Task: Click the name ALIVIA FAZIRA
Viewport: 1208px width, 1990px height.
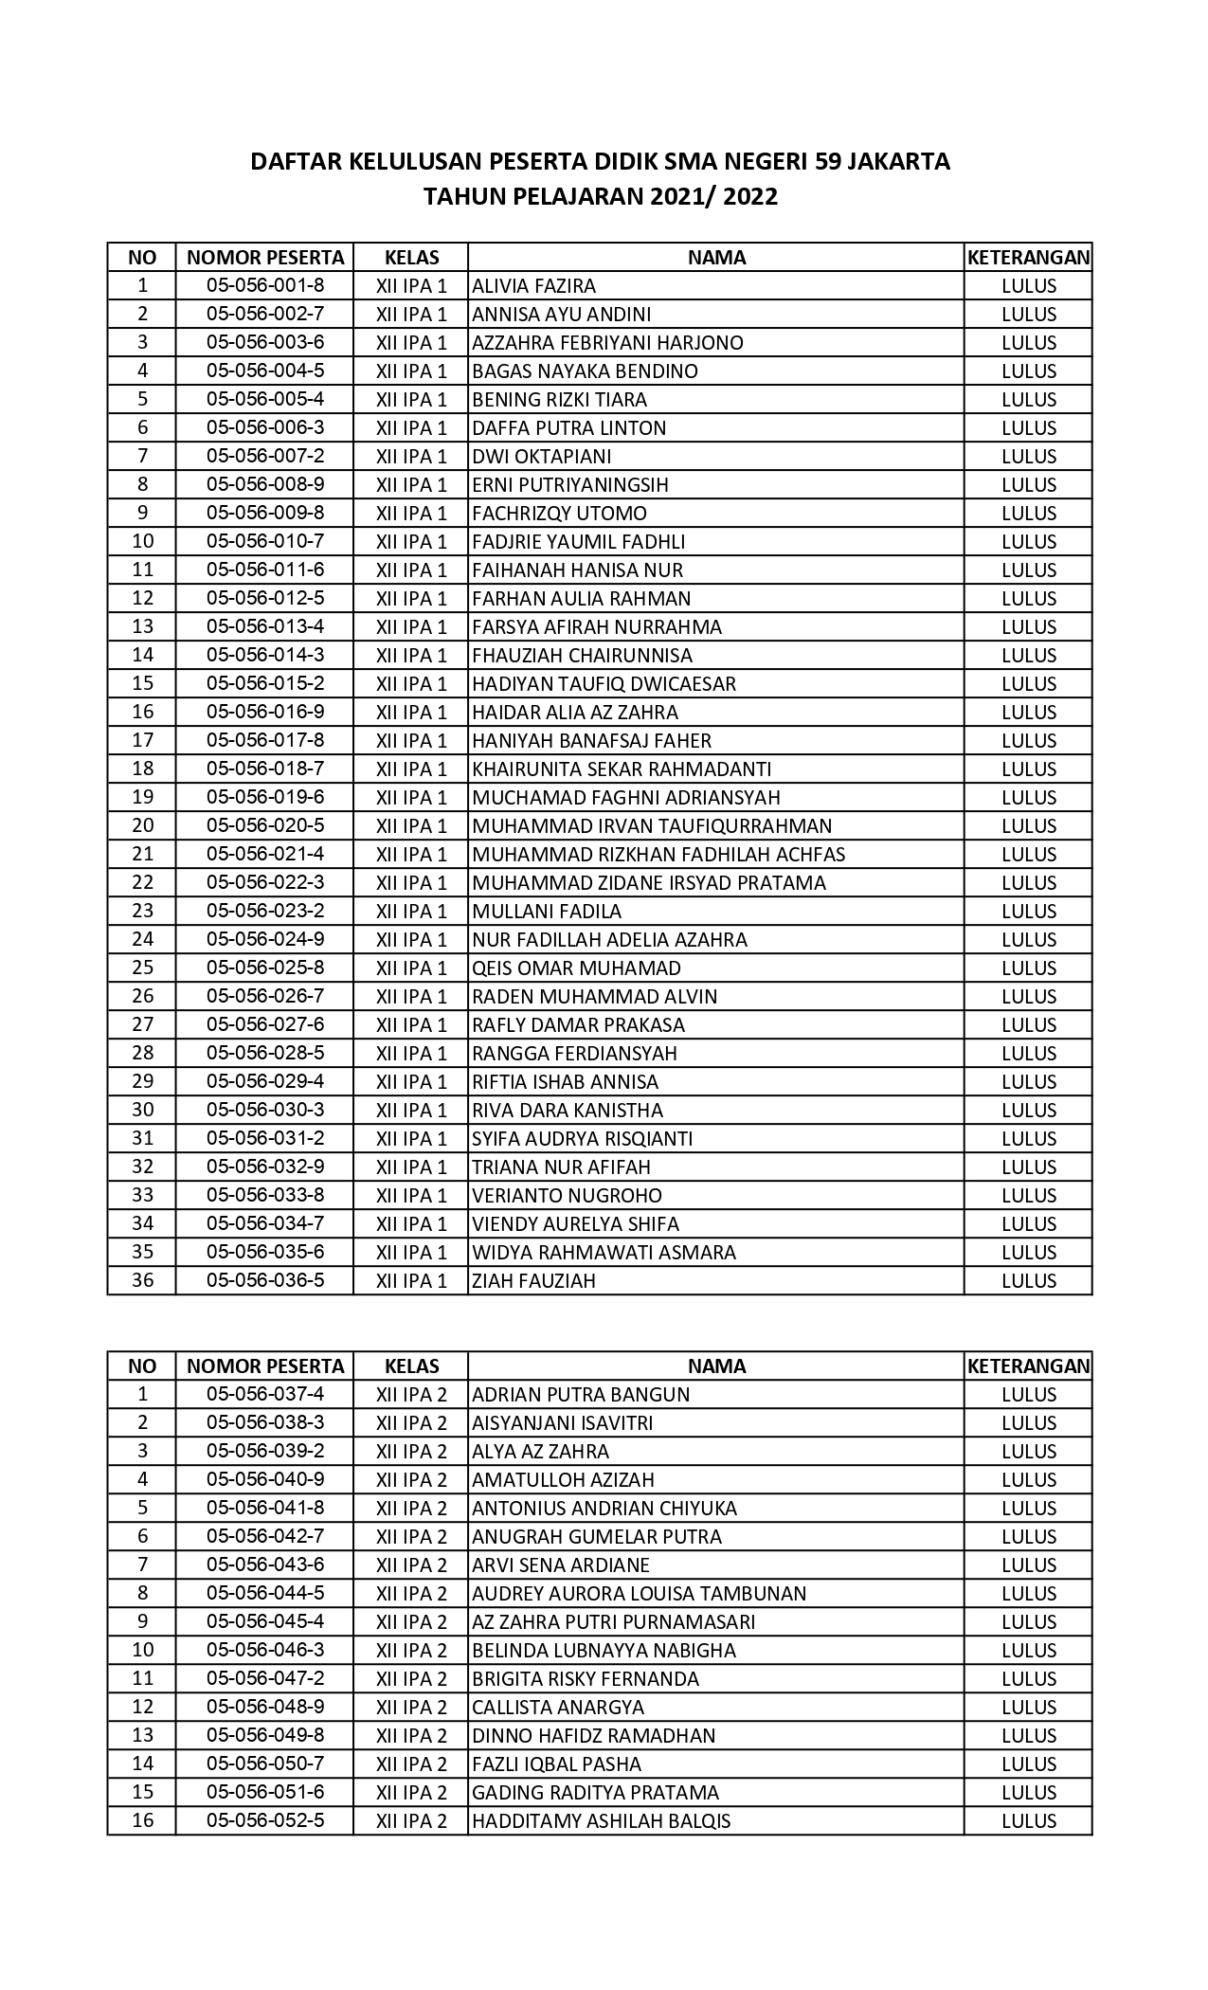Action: coord(533,286)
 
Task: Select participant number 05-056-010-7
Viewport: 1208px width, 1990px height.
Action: coord(265,542)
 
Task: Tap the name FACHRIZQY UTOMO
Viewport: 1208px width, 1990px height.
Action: coord(559,514)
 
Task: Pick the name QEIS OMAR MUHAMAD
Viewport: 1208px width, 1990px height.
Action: coord(576,968)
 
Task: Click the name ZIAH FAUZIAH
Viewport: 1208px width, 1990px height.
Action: coord(533,1281)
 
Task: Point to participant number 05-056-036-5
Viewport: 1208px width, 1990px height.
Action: coord(265,1281)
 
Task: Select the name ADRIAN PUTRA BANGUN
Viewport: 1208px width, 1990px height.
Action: coord(581,1395)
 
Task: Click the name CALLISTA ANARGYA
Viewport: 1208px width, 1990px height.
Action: coord(558,1708)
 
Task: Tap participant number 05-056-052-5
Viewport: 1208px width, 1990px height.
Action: coord(265,1821)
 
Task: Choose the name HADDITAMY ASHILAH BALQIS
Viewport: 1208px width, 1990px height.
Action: coord(601,1821)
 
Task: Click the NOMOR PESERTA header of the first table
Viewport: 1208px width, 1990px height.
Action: coord(265,258)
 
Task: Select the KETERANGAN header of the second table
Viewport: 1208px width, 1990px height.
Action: coord(1028,1366)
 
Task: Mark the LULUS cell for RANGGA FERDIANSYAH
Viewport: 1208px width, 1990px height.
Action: coord(1029,1054)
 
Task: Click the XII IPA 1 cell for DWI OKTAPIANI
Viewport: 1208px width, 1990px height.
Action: coord(411,457)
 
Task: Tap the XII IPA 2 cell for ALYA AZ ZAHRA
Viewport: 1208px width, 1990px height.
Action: coord(411,1452)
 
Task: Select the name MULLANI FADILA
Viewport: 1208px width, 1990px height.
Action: coord(547,912)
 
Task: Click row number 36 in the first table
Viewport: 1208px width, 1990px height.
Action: coord(142,1281)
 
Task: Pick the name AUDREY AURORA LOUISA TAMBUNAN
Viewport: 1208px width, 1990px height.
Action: coord(639,1594)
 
